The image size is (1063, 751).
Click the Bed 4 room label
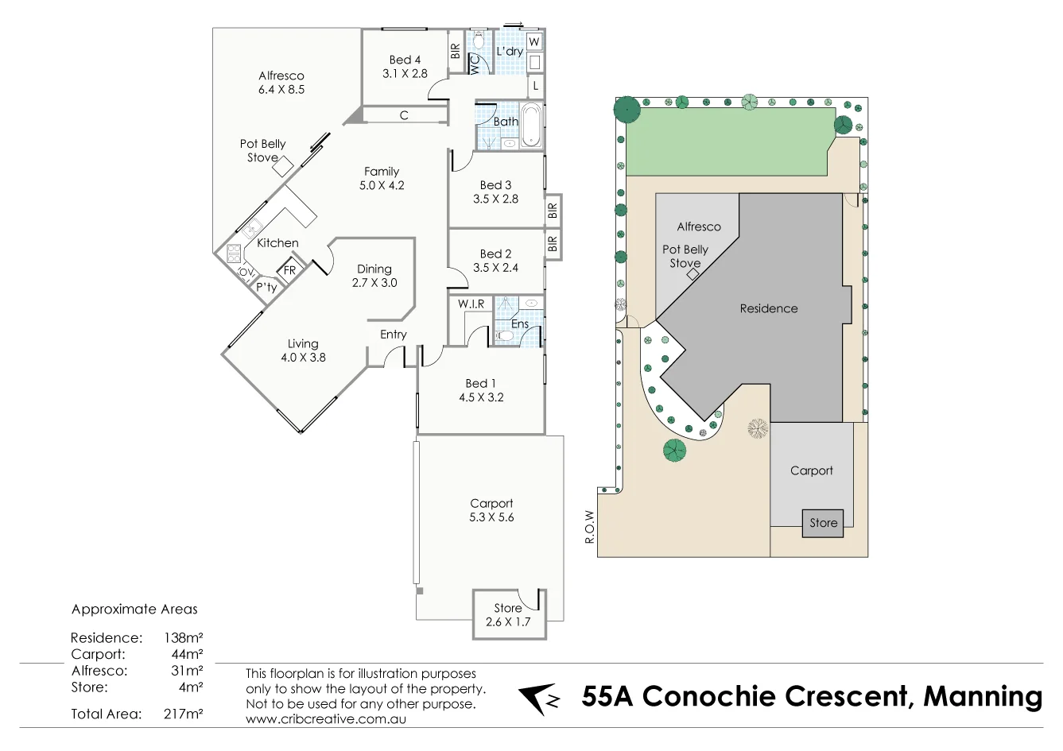click(405, 66)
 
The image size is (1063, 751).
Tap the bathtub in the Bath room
click(532, 125)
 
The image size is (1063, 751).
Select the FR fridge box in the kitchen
click(289, 270)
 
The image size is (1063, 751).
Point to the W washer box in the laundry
click(534, 41)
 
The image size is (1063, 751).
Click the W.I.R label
click(471, 304)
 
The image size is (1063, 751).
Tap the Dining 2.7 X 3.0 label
click(374, 276)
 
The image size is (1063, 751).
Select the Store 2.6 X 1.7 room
click(508, 614)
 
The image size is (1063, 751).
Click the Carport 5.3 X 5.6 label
click(491, 510)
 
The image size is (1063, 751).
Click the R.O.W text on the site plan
click(589, 527)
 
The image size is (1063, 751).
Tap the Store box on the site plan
click(823, 523)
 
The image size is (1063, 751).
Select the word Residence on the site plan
click(768, 308)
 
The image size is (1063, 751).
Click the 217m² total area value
click(183, 714)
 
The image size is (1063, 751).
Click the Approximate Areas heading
click(134, 610)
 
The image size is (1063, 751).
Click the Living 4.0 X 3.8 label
click(303, 350)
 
